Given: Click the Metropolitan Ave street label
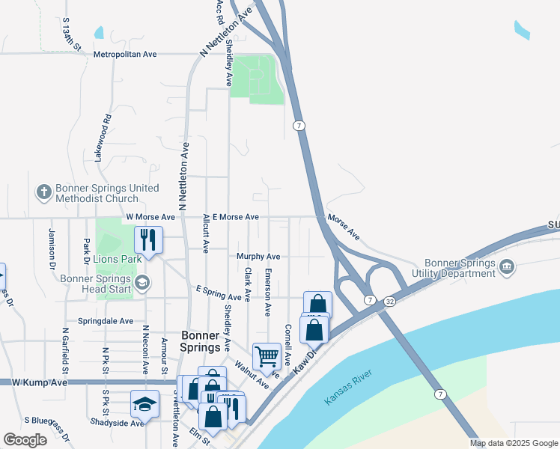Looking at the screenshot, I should coord(125,55).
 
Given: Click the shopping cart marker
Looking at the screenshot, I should coord(267,357).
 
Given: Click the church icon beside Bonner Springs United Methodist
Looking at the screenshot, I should coord(43,192).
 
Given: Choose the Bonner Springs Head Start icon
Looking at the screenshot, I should coord(143,284).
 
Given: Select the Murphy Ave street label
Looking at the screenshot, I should coord(258,256).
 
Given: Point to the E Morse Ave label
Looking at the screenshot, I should coord(235,217).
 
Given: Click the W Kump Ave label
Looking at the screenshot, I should coord(40,382).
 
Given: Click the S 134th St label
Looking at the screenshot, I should coord(71,33).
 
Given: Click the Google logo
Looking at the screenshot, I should coord(25,440).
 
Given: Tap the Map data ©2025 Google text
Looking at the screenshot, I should coord(513,443).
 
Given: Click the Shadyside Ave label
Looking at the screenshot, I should coord(115,423).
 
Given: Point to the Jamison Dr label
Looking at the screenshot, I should coord(52,248).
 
